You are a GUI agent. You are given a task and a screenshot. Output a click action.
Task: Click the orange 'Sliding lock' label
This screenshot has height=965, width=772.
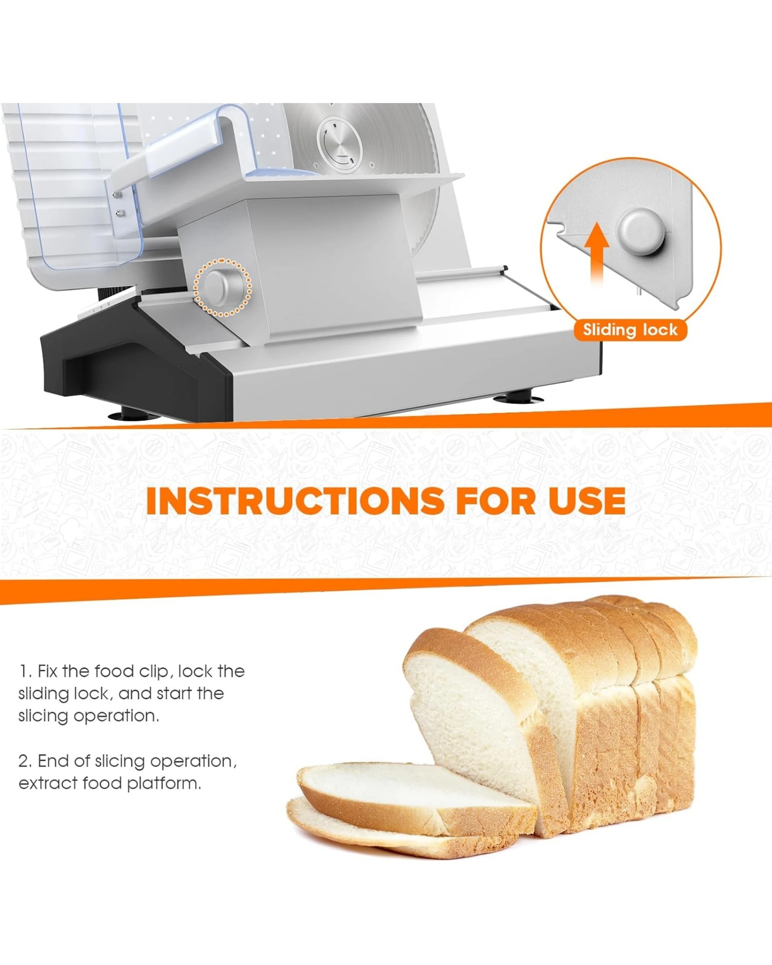630,330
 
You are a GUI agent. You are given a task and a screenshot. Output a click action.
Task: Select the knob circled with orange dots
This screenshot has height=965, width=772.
222,287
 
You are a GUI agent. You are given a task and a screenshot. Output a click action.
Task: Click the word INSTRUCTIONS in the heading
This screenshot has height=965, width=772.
295,501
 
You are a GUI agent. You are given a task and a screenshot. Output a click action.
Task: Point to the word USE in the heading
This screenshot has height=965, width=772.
587,501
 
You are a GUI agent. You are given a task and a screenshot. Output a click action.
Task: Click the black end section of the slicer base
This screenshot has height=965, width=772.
134,362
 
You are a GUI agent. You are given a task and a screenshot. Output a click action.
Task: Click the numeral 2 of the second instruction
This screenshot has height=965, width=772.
25,761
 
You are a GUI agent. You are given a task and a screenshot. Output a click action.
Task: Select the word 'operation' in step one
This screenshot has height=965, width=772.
116,716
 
